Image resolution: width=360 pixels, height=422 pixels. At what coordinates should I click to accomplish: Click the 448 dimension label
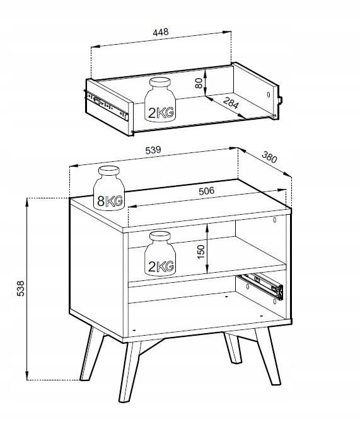click(x=161, y=32)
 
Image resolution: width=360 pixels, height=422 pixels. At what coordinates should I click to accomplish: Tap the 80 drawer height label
click(x=199, y=83)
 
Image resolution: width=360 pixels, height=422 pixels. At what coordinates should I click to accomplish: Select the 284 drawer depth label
click(x=231, y=103)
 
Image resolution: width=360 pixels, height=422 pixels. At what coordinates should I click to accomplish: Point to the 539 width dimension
click(x=153, y=150)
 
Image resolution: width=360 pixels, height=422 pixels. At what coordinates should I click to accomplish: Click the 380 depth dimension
click(x=269, y=157)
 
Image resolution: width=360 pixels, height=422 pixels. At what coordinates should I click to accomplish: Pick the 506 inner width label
click(x=206, y=191)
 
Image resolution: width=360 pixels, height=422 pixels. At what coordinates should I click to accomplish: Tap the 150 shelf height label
click(x=201, y=252)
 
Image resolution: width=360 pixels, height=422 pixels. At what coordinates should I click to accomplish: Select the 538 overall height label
click(x=20, y=288)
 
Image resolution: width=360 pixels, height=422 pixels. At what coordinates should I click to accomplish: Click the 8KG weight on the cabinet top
click(x=109, y=188)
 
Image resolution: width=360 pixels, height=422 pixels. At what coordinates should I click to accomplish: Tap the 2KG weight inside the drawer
click(x=160, y=100)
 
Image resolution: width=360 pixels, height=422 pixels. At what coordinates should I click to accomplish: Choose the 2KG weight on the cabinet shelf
click(x=160, y=254)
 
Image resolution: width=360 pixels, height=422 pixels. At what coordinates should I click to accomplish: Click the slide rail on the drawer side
click(x=107, y=105)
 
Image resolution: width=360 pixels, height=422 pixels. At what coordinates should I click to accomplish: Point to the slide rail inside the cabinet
click(x=260, y=287)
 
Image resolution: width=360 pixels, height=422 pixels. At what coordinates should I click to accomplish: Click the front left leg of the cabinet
click(x=130, y=372)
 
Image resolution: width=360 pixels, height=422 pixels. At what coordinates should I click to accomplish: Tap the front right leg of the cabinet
click(x=268, y=356)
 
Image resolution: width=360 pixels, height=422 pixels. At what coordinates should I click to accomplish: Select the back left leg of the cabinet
click(x=92, y=353)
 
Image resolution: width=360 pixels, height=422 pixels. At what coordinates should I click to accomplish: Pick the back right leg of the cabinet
click(x=232, y=348)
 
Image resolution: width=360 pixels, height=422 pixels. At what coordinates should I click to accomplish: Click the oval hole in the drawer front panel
click(x=269, y=94)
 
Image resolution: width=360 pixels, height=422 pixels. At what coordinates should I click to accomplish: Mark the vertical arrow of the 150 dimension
click(x=207, y=248)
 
